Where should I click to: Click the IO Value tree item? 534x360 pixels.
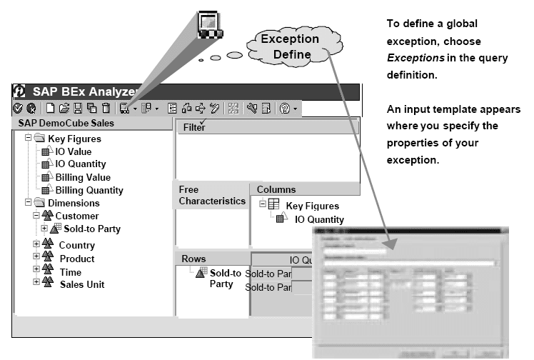[x=74, y=151]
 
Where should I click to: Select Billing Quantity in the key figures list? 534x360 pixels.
[x=89, y=190]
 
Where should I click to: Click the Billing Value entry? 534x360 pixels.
[x=82, y=177]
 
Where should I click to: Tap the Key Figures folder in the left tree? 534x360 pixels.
[x=74, y=139]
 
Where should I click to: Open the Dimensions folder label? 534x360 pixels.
[x=73, y=203]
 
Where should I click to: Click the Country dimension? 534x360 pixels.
[x=76, y=245]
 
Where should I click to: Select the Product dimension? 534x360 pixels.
[x=76, y=259]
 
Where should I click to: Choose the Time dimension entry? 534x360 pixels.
[x=70, y=272]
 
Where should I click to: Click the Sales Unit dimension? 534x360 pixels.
[x=81, y=284]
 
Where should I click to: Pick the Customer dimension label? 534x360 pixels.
[x=76, y=216]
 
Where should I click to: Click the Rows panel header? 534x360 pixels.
[x=192, y=258]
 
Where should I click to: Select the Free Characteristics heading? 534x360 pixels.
[x=211, y=195]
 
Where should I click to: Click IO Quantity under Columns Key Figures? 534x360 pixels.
[x=319, y=219]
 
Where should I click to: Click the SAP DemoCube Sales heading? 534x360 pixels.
[x=66, y=123]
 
